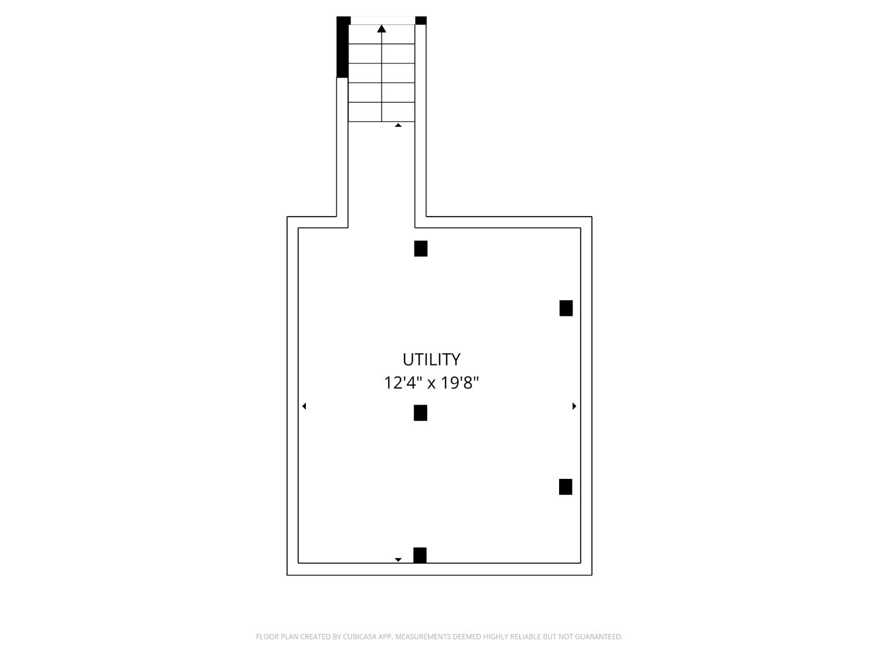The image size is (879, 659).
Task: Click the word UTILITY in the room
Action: point(431,359)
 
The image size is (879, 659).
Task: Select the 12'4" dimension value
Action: point(403,383)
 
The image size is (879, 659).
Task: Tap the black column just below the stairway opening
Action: point(421,248)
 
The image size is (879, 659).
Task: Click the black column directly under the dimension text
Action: point(420,413)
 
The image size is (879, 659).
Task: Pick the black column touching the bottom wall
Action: point(420,555)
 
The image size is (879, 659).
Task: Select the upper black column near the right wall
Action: point(566,308)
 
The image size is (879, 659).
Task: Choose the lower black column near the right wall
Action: point(565,487)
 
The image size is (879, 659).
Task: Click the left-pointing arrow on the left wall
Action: point(304,406)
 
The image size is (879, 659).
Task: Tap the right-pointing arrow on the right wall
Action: point(574,406)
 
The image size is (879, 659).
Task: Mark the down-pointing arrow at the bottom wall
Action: point(398,559)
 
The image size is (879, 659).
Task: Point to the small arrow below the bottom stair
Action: point(398,125)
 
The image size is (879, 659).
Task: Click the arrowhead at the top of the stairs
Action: point(382,29)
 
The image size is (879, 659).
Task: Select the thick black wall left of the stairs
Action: point(342,47)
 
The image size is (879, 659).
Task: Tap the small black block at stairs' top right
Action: point(421,21)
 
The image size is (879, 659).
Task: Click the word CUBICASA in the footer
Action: point(360,636)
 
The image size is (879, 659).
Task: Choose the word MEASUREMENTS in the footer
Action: point(422,636)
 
